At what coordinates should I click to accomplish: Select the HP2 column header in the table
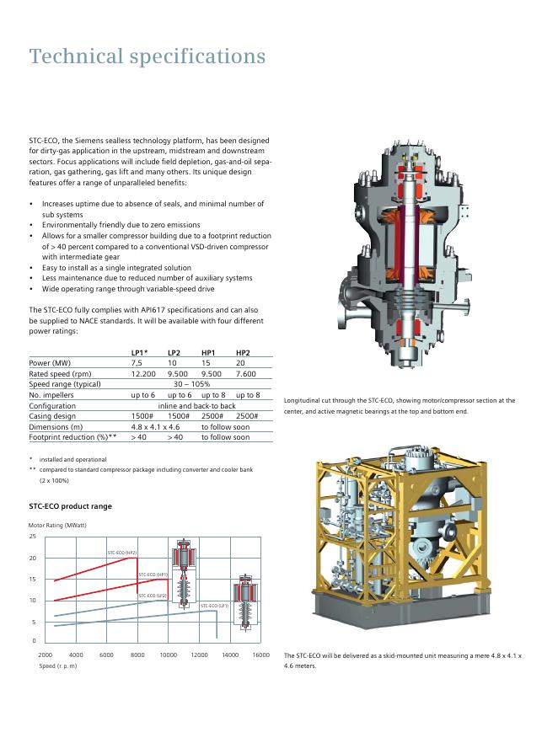(x=243, y=352)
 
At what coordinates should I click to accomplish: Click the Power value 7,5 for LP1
(x=137, y=363)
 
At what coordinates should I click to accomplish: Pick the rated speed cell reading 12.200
(x=143, y=373)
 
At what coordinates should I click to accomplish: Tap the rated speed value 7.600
(x=245, y=373)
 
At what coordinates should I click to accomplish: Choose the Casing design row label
(x=52, y=416)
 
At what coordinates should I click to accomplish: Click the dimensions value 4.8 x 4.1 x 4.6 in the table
(x=155, y=426)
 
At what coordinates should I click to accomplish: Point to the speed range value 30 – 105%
(x=191, y=384)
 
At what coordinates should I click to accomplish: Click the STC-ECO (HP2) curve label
(x=122, y=553)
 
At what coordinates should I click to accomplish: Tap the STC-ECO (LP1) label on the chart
(x=215, y=606)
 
